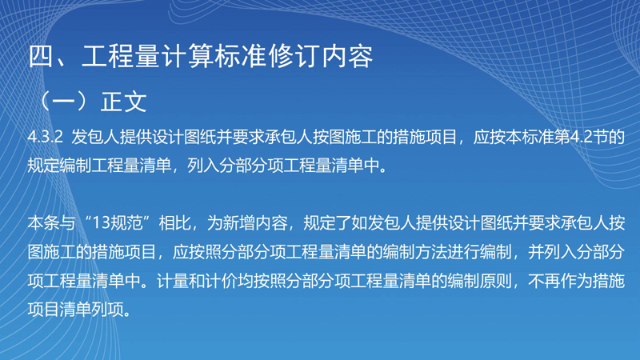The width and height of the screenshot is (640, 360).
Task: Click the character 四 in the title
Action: pyautogui.click(x=42, y=56)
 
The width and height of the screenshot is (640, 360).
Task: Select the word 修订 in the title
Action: pyautogui.click(x=294, y=56)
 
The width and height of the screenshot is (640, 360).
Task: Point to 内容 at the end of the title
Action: pyautogui.click(x=348, y=56)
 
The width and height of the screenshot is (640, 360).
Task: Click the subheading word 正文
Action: pyautogui.click(x=124, y=102)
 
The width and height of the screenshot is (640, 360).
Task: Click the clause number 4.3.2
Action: pyautogui.click(x=46, y=137)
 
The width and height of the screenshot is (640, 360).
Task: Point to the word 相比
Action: pyautogui.click(x=174, y=223)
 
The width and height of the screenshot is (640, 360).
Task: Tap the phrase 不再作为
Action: pyautogui.click(x=560, y=282)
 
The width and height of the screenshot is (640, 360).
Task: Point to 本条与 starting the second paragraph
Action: pyautogui.click(x=51, y=223)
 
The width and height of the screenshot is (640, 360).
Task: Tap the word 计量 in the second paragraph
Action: pyautogui.click(x=173, y=282)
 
